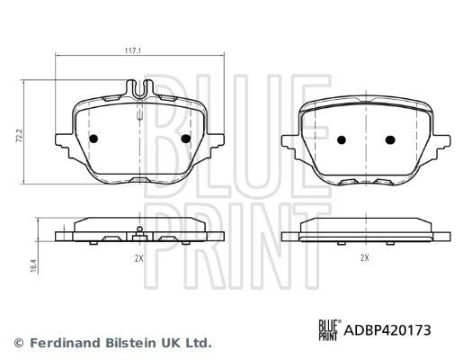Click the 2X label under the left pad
coord(138,257)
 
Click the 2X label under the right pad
coord(365,257)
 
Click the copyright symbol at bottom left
coord(17,343)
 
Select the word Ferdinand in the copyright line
coord(58,343)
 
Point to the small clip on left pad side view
coord(138,233)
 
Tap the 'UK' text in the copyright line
coord(167,343)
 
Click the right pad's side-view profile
coord(365,232)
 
